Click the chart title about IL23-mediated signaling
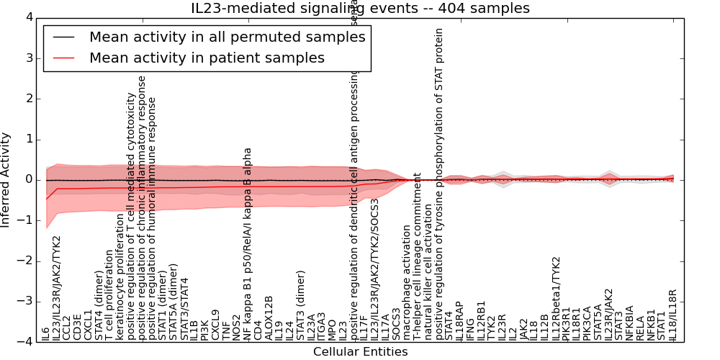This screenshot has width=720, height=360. pyautogui.click(x=360, y=8)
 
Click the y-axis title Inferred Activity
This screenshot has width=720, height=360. pyautogui.click(x=6, y=179)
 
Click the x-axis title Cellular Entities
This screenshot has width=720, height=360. pyautogui.click(x=360, y=352)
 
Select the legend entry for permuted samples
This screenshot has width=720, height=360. pyautogui.click(x=227, y=37)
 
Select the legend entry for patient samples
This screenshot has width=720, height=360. pyautogui.click(x=207, y=58)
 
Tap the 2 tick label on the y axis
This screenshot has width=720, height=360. pyautogui.click(x=30, y=99)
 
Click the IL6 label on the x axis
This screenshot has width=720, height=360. pyautogui.click(x=46, y=333)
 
